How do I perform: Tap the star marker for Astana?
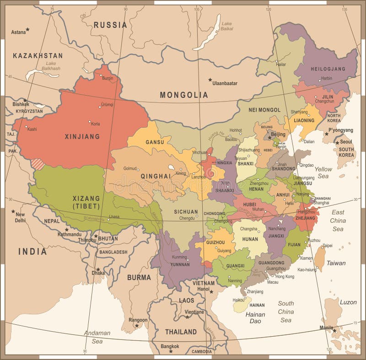point(27,30)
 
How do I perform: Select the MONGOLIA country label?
point(183,95)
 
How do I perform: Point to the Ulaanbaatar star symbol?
point(210,80)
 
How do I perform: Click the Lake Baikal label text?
point(226,27)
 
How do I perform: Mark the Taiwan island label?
point(336,263)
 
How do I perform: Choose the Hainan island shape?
point(242,305)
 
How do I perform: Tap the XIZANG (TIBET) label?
point(86,202)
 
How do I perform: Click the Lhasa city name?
point(114,217)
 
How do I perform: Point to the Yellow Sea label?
point(323,172)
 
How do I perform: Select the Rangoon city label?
point(138,320)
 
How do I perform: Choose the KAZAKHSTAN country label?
point(38,55)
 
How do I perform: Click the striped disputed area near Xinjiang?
point(38,164)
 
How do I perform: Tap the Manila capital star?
point(334,330)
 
